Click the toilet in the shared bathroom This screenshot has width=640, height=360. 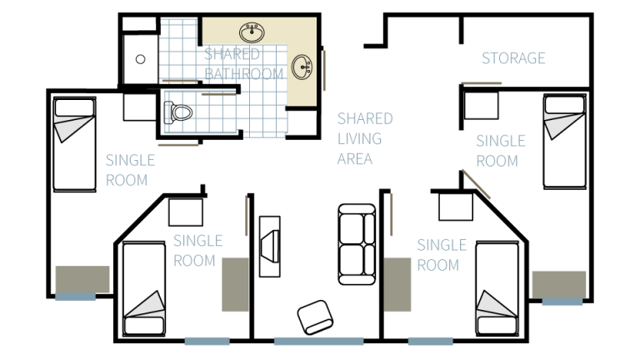click(x=177, y=111)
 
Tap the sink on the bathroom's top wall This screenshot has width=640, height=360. click(x=252, y=33)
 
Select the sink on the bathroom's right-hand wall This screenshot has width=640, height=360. click(x=303, y=65)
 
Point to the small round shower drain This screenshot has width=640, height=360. click(x=141, y=59)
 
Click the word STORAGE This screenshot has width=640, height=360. click(x=513, y=58)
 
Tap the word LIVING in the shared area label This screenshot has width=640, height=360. click(x=359, y=138)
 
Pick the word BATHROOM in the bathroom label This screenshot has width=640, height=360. click(x=245, y=73)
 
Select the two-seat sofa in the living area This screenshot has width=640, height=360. click(x=356, y=244)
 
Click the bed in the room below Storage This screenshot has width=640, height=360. click(x=564, y=141)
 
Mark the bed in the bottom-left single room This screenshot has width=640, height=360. click(x=144, y=289)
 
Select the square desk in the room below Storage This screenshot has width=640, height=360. click(x=480, y=106)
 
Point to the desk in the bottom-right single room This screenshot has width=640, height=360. click(x=455, y=206)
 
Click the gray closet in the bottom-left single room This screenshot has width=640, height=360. click(x=235, y=284)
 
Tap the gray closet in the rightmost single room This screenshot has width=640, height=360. click(x=559, y=285)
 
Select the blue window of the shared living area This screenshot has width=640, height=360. click(x=307, y=341)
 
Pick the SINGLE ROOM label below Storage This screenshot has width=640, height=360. click(x=500, y=150)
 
